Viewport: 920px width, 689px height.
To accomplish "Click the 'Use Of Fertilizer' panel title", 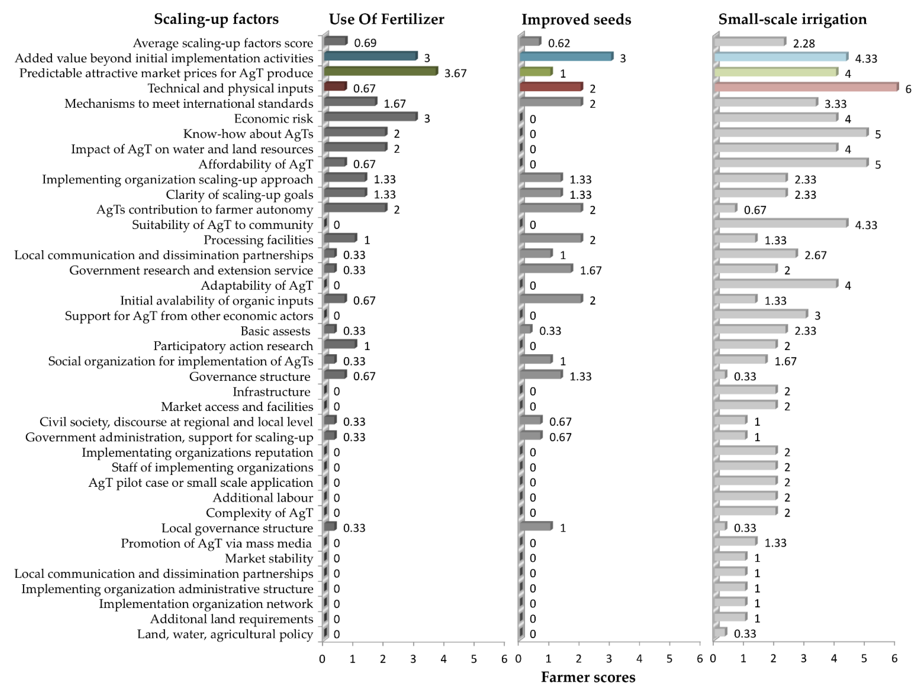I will tap(386, 19).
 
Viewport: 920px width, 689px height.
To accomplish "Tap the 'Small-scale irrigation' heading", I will tap(792, 19).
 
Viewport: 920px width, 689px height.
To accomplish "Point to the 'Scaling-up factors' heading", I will tap(216, 19).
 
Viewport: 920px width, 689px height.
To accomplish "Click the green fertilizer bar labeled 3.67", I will tap(381, 72).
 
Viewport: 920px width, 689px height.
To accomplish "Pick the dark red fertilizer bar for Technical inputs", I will tap(335, 87).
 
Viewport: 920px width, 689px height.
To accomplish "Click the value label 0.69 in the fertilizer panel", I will tap(365, 43).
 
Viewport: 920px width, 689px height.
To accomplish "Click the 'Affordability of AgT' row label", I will tap(255, 164).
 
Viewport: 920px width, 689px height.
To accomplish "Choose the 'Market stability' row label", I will tap(269, 558).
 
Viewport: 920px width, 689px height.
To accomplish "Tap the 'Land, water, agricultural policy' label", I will tap(225, 634).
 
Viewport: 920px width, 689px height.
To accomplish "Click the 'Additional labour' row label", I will tap(263, 498).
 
